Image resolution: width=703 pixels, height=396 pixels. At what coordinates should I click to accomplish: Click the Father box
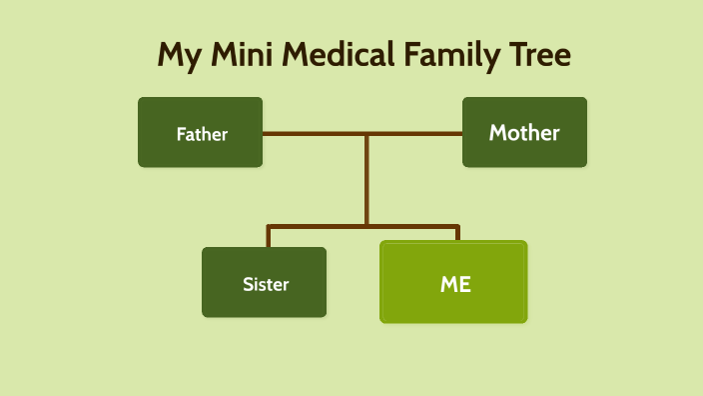tap(200, 132)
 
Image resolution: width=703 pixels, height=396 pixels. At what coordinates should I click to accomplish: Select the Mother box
tap(524, 132)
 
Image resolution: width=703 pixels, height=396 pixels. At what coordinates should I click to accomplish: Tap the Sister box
tap(265, 283)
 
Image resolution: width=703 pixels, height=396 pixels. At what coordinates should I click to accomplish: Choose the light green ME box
tap(453, 282)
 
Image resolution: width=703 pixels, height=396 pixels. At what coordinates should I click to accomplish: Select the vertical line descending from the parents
tap(366, 180)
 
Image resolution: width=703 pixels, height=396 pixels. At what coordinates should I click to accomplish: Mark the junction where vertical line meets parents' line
tap(366, 133)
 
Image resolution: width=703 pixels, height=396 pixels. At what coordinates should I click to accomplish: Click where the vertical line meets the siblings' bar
tap(366, 227)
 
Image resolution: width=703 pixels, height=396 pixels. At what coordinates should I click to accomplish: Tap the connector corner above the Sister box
tap(269, 228)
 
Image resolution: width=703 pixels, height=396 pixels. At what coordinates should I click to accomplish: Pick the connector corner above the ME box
tap(457, 228)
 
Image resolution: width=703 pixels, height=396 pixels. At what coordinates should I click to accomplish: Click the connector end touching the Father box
tap(265, 133)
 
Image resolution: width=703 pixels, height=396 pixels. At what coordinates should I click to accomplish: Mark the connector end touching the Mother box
tap(460, 133)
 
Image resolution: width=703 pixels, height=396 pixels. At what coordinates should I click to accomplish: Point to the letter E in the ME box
tap(463, 283)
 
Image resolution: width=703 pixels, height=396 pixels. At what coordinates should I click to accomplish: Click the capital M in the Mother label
tap(497, 132)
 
